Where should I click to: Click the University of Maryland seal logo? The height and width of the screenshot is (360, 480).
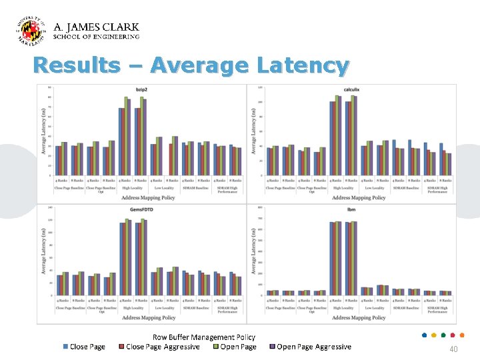tap(31, 31)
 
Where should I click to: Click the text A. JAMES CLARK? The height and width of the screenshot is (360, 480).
tap(96, 27)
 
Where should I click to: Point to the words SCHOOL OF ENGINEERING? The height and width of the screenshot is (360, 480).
tap(96, 37)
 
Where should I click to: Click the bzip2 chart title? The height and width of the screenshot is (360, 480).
tap(141, 89)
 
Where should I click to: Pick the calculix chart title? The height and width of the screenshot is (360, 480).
tap(351, 89)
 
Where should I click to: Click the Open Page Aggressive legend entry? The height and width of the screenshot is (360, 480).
tap(313, 347)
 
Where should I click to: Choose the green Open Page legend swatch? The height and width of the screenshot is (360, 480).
tap(216, 347)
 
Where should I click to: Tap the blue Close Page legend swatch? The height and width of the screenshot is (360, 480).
tap(65, 347)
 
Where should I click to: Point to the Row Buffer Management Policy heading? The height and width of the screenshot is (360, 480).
tap(204, 337)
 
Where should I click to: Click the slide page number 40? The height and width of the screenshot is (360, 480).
tap(453, 349)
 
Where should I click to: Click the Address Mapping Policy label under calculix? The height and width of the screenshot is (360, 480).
tap(359, 197)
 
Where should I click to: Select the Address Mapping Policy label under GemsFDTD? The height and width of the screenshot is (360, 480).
tap(149, 317)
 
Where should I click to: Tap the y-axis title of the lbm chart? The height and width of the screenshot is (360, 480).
tap(253, 251)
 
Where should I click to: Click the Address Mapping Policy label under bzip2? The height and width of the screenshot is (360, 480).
tap(149, 197)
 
